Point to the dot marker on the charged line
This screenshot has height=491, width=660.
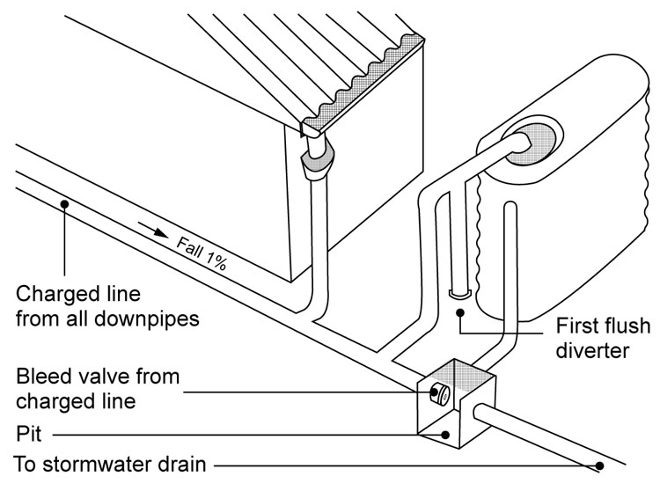click(63, 204)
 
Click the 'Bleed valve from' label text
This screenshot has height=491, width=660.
click(98, 377)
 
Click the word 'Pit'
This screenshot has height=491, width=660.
click(29, 434)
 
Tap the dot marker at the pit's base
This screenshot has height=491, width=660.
click(447, 434)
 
